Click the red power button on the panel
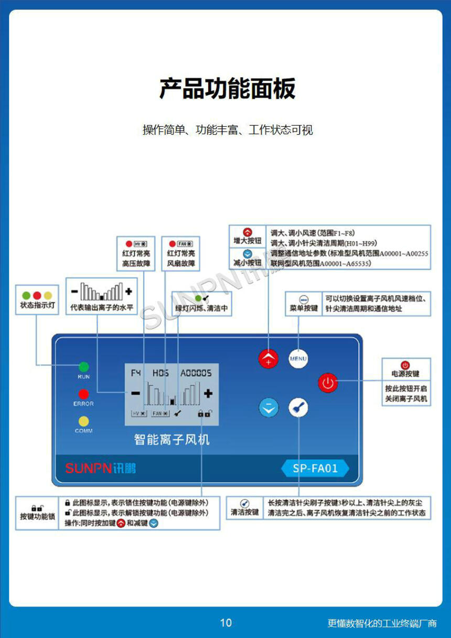[x=328, y=383]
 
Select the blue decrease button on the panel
[x=269, y=407]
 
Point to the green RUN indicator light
[x=83, y=366]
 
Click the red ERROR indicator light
[x=83, y=393]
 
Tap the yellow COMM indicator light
[x=83, y=420]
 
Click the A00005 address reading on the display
[x=196, y=373]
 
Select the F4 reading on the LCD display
[x=136, y=373]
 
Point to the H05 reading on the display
[x=160, y=373]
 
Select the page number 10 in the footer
[x=225, y=623]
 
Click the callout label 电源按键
[x=405, y=374]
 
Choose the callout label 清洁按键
[x=244, y=512]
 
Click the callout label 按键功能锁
[x=37, y=516]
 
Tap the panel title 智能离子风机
[x=172, y=439]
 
